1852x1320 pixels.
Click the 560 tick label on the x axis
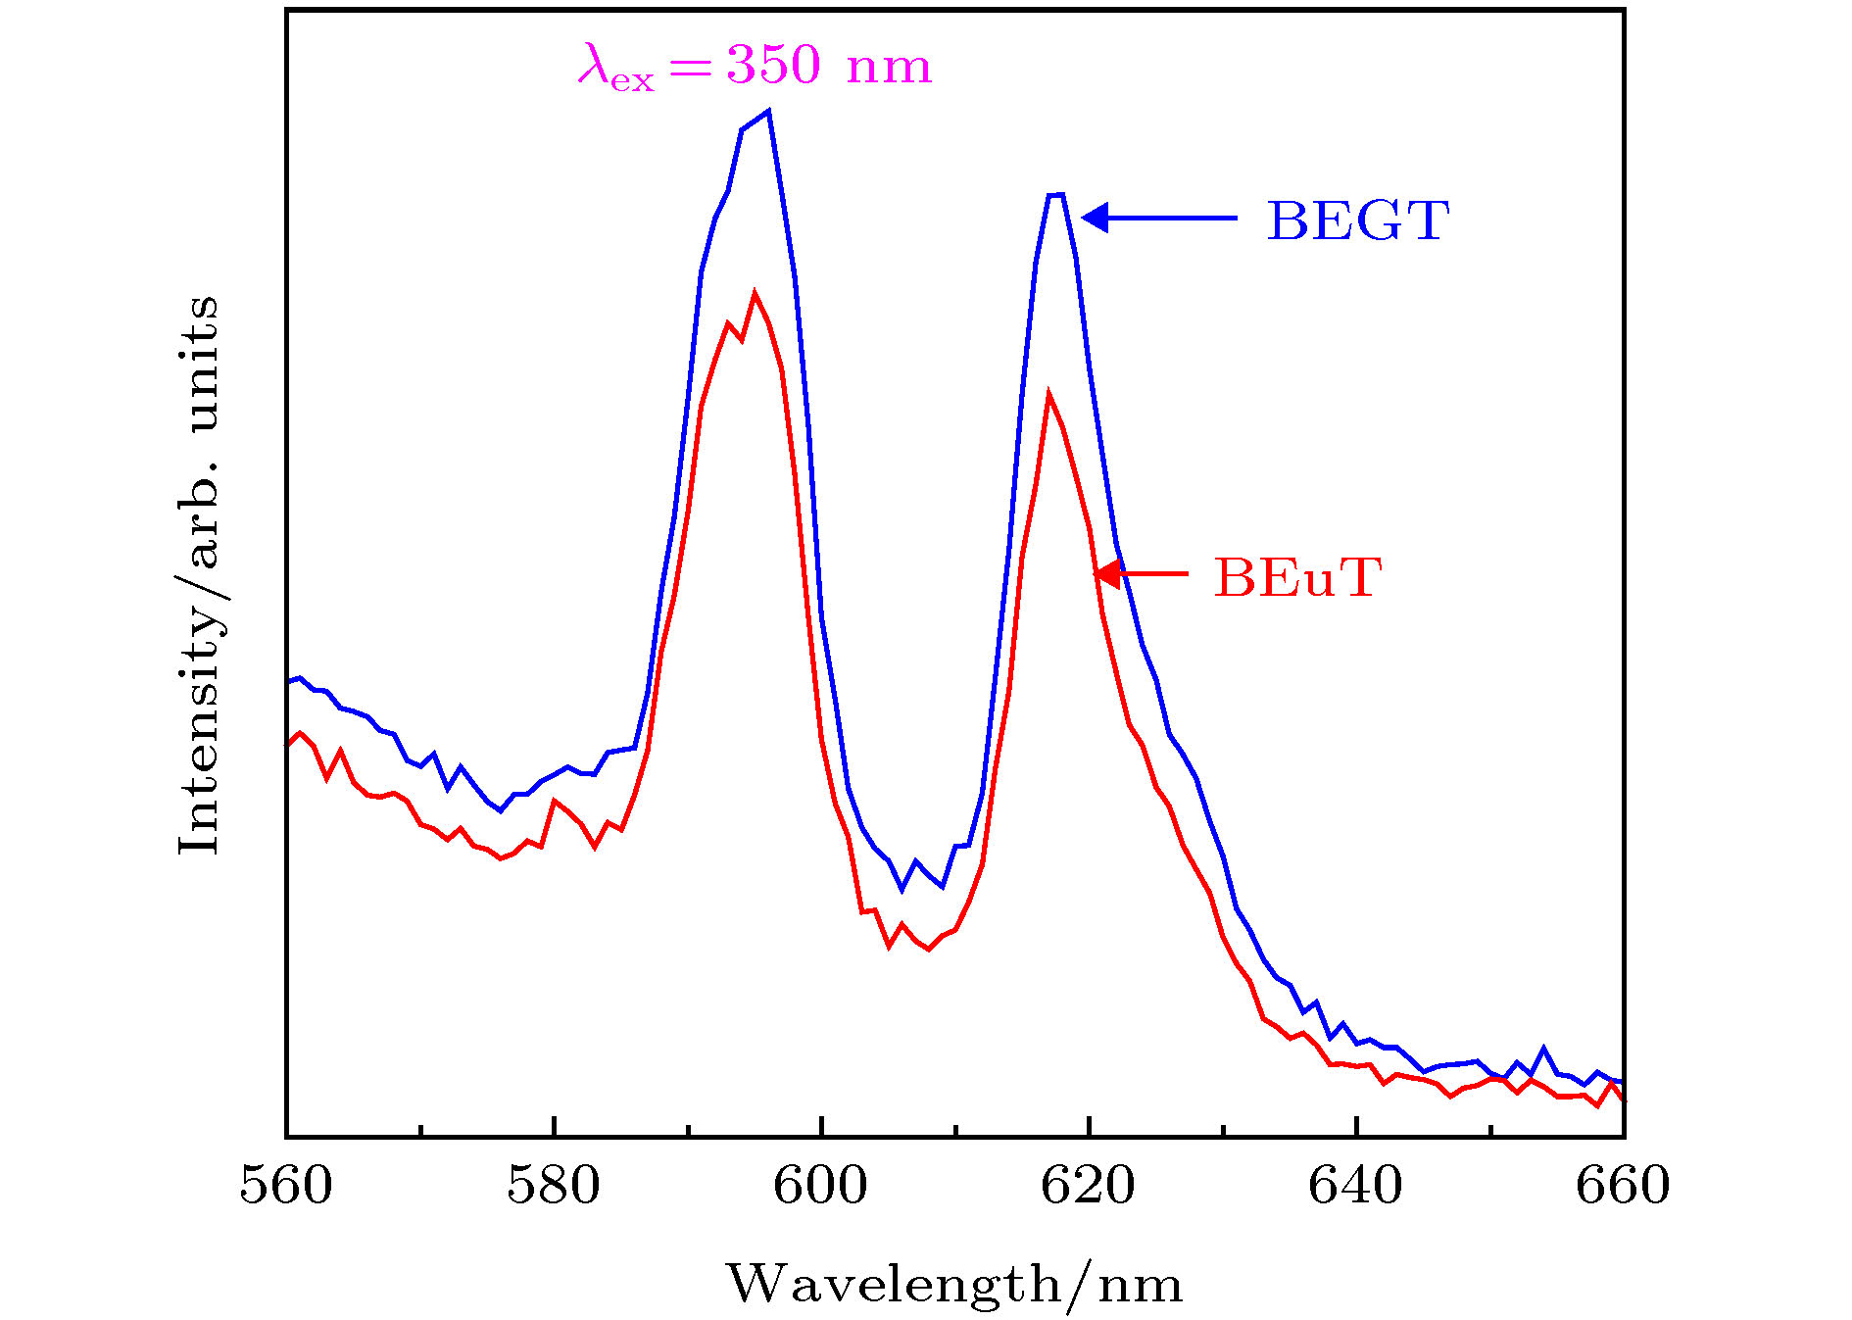(286, 1186)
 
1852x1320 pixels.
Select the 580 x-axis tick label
(554, 1186)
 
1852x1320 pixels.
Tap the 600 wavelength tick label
(821, 1186)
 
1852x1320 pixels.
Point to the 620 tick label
(1088, 1186)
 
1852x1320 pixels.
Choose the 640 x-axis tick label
(1355, 1186)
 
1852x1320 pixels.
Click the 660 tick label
(1623, 1186)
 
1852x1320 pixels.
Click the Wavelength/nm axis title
(954, 1284)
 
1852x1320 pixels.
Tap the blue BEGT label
(1358, 220)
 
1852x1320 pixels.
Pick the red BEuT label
(1297, 577)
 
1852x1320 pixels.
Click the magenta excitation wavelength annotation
(755, 66)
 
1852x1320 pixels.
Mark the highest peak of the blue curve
(769, 111)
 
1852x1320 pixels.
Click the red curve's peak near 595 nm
(755, 293)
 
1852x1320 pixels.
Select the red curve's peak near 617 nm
(1048, 395)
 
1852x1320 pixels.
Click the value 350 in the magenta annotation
(773, 65)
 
